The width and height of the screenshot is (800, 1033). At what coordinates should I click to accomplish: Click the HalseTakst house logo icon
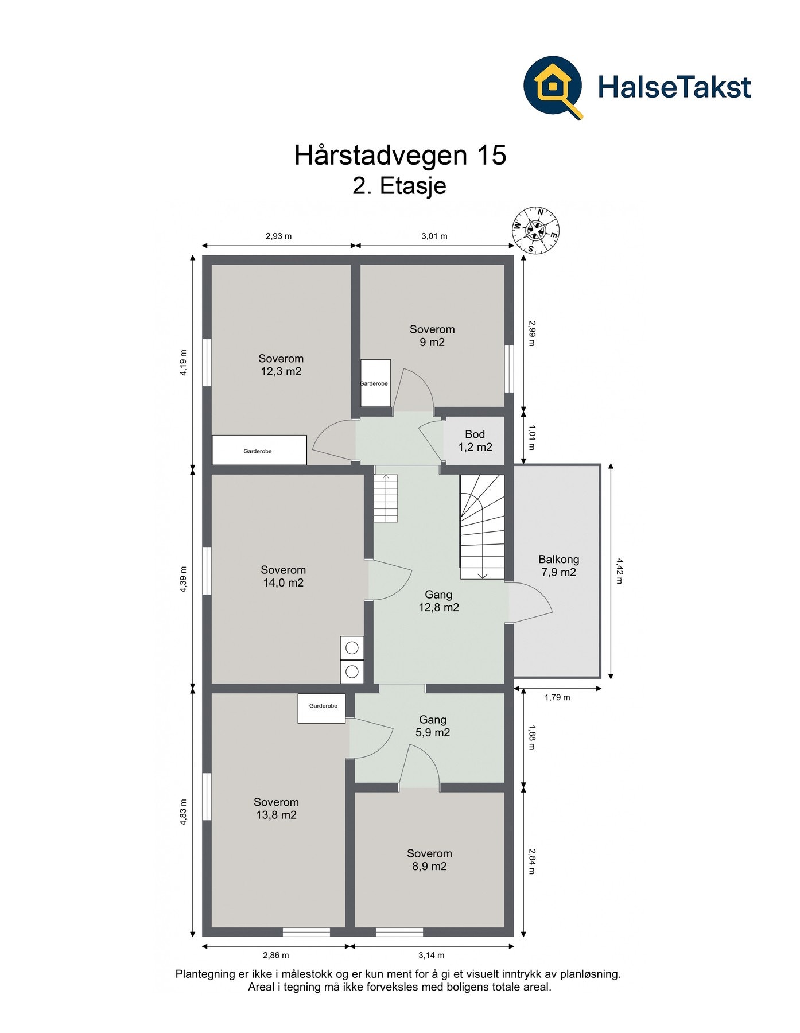click(553, 87)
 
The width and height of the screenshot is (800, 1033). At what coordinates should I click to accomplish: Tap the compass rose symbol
click(536, 230)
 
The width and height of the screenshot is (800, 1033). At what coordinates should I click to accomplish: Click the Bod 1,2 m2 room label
click(475, 441)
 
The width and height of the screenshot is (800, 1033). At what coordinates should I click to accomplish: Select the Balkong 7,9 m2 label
click(558, 565)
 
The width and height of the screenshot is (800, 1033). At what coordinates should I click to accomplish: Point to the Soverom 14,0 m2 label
click(283, 576)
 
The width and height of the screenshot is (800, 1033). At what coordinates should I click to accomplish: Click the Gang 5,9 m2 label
click(433, 726)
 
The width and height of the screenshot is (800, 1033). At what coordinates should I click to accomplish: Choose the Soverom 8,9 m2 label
click(429, 860)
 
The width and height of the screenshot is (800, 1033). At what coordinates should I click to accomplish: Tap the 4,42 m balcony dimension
click(619, 570)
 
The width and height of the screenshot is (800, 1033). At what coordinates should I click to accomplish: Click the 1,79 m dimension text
click(557, 697)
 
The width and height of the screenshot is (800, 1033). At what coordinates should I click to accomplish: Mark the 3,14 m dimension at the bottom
click(431, 956)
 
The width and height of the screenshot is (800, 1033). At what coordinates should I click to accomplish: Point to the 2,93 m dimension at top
click(278, 236)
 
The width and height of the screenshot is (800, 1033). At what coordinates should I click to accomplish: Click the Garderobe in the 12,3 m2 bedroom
click(259, 451)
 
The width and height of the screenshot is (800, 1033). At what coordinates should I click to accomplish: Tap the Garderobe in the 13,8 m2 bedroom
click(322, 708)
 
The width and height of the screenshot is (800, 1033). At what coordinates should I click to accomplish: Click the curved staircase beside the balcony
click(482, 527)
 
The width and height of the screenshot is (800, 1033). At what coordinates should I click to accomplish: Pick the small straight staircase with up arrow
click(386, 498)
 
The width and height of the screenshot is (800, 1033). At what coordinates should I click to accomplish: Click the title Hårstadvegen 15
click(400, 155)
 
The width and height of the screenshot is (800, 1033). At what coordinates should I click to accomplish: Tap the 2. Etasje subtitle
click(399, 186)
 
